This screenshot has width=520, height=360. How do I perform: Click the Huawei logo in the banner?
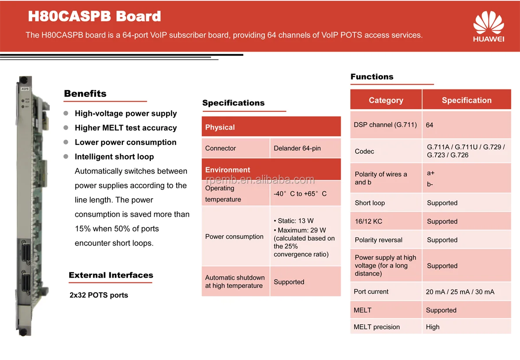pos(488,26)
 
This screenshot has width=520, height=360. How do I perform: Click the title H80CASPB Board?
pos(94,17)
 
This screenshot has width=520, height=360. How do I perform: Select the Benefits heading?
pos(85,93)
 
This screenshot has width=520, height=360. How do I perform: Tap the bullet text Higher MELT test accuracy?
pos(126,128)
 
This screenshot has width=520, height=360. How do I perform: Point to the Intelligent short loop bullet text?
pos(114,157)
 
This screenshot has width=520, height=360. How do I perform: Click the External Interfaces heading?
pos(111,275)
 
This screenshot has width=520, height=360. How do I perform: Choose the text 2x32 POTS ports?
pos(99,295)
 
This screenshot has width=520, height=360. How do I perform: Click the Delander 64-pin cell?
pos(297,148)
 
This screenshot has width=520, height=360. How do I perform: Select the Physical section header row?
pos(271,127)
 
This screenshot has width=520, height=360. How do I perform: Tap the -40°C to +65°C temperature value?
pos(300,194)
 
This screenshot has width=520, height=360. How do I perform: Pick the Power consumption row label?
pos(234,237)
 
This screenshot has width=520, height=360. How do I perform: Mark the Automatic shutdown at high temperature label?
pos(235,282)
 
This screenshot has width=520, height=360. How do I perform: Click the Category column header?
pos(386,100)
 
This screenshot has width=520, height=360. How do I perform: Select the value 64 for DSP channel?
pos(429,125)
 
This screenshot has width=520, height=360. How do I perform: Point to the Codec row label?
pos(364,152)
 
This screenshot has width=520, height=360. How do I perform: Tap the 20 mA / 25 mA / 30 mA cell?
pos(460,292)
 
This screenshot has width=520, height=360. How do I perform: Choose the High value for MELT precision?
pos(432,327)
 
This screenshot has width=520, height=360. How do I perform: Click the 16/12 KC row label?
pos(368,222)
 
